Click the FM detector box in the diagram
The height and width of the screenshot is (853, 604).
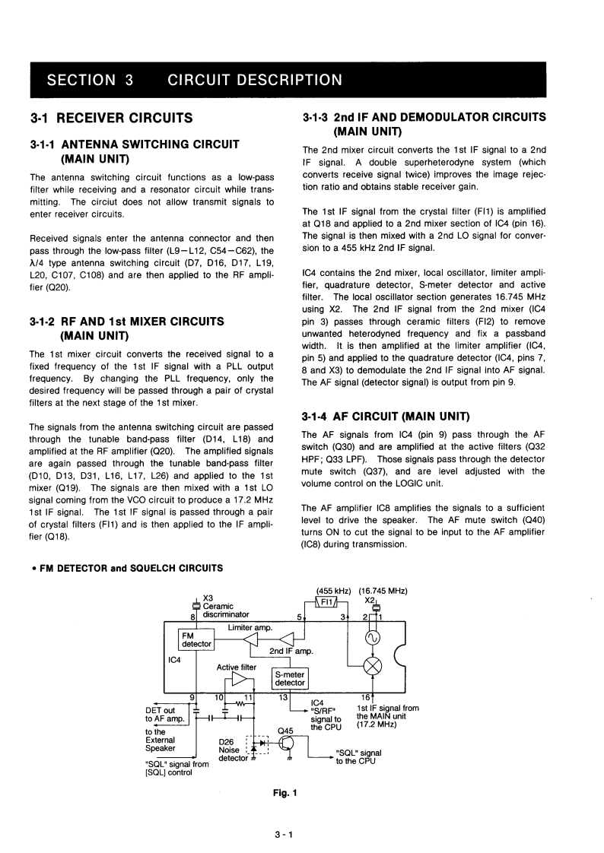pos(195,640)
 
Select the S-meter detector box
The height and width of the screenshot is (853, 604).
pos(289,678)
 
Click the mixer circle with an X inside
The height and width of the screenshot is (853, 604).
pos(374,666)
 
